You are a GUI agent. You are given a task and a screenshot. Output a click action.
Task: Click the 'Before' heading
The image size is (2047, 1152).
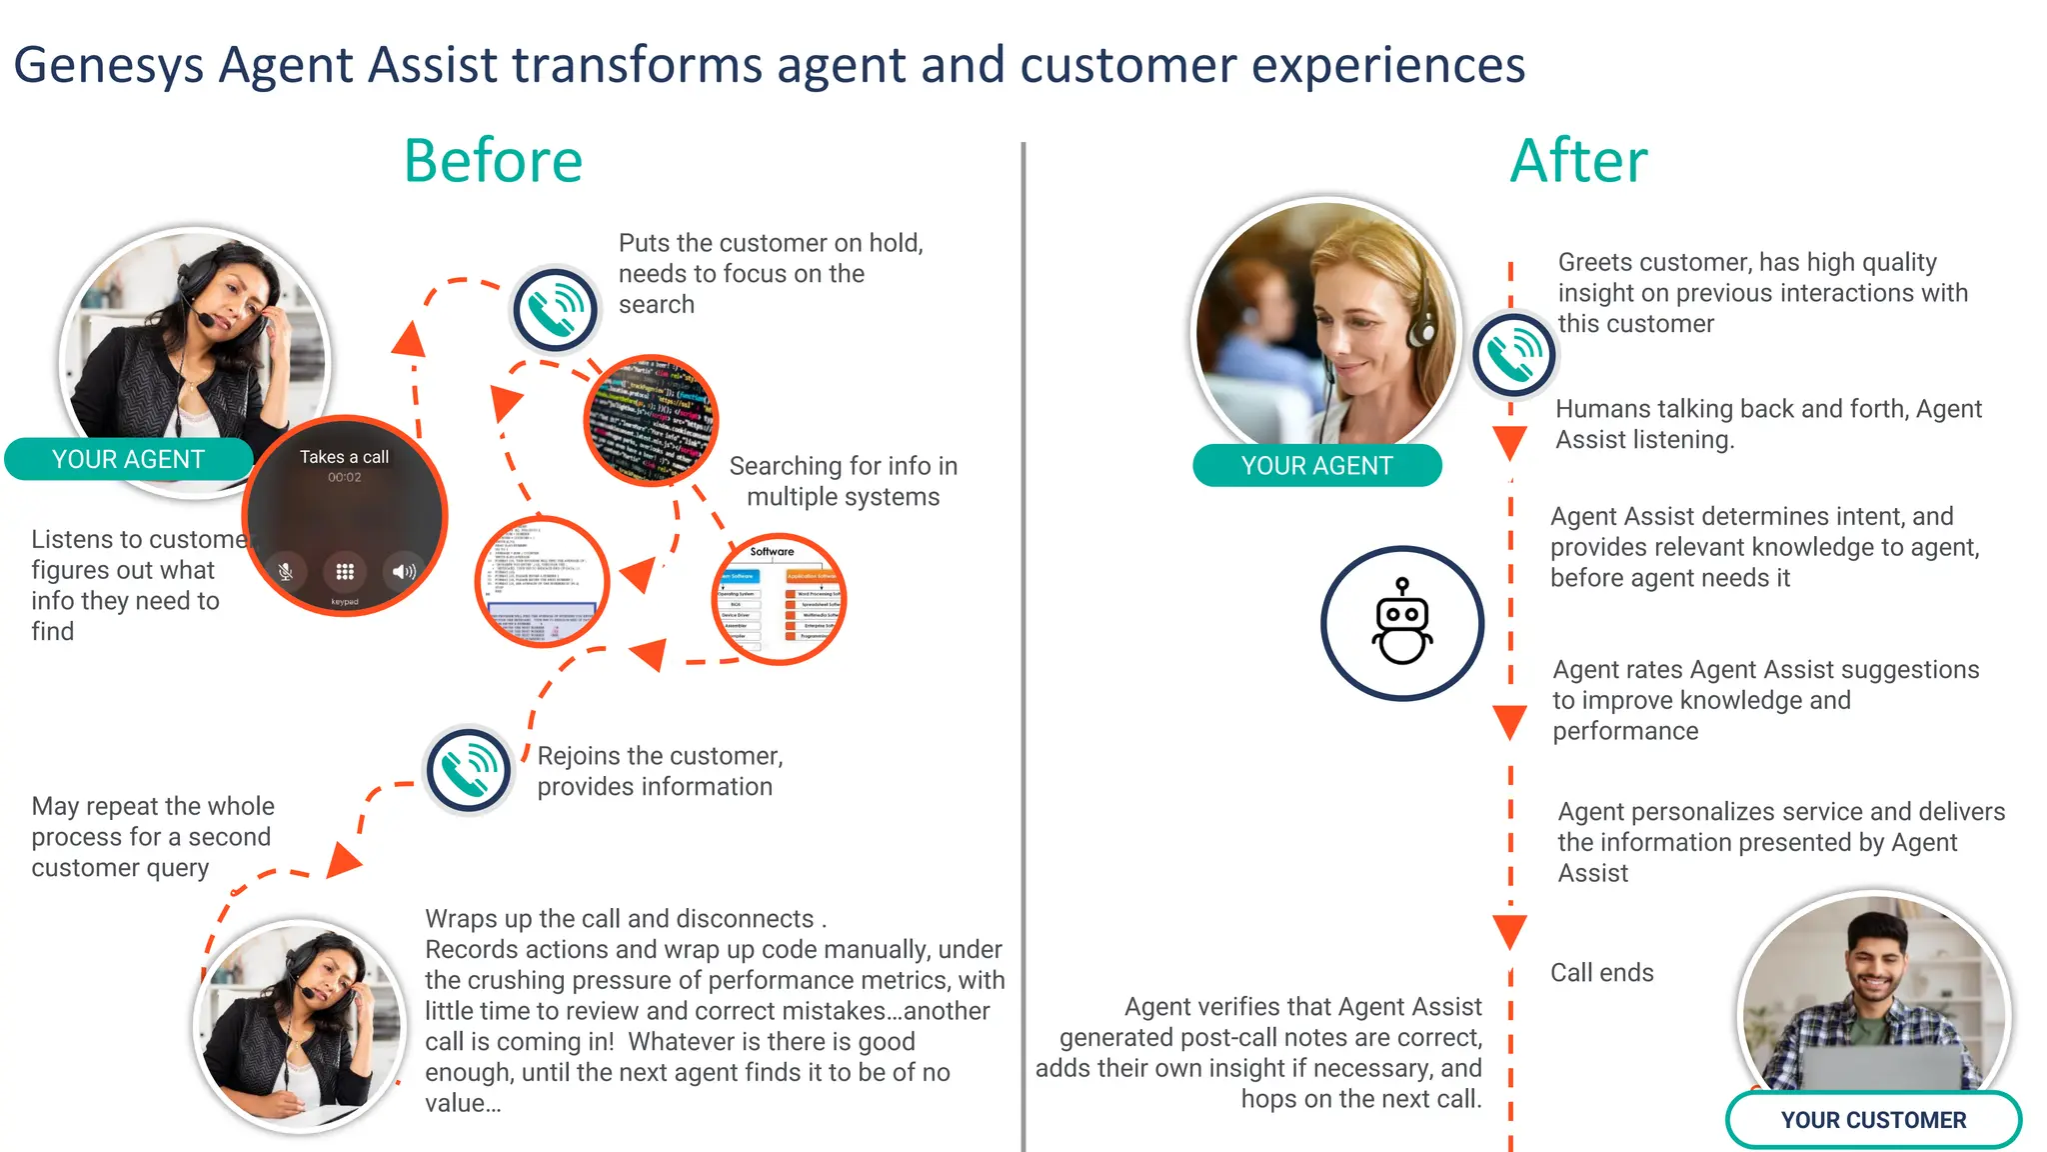click(493, 161)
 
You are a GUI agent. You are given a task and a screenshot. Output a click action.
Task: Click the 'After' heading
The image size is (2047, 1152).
click(1578, 161)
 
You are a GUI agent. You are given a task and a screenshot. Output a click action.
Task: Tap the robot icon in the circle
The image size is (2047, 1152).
click(1402, 622)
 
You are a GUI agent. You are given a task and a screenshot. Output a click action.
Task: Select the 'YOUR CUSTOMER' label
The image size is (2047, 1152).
click(1873, 1120)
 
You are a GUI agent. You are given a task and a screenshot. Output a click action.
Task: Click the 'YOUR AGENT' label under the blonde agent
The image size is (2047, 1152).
click(1316, 466)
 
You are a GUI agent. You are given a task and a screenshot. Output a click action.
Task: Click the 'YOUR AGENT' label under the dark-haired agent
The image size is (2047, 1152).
click(128, 459)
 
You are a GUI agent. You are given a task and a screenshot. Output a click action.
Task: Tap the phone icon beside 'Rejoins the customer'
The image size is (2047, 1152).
click(468, 770)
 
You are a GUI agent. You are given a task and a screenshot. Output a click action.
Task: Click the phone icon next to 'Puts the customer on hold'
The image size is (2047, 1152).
click(556, 309)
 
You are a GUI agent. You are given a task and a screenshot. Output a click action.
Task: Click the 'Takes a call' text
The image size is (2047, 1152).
click(344, 457)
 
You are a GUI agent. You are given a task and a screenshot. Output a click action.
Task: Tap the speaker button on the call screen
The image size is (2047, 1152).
click(404, 572)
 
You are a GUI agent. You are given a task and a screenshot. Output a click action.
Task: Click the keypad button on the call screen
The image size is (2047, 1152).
click(345, 572)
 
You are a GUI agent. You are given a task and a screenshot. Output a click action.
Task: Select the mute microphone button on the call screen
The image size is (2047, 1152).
click(286, 572)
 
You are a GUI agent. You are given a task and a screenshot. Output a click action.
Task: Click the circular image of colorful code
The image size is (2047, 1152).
click(652, 420)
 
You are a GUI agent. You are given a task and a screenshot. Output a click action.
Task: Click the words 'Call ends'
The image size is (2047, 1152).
click(1601, 972)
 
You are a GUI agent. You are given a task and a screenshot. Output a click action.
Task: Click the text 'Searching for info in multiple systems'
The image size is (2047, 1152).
click(843, 481)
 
